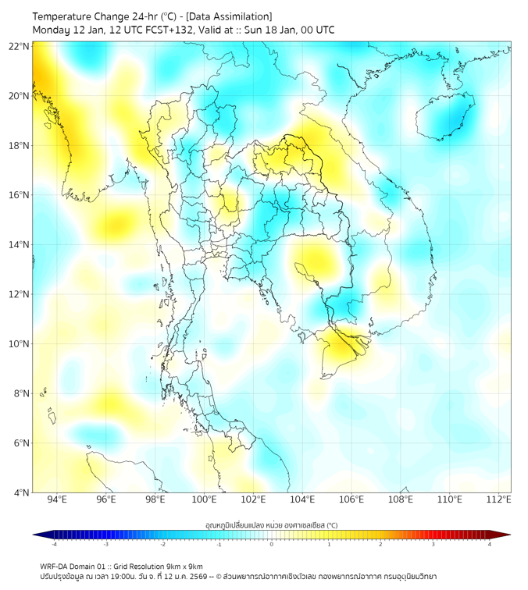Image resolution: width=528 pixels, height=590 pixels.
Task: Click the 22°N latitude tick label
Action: [20, 46]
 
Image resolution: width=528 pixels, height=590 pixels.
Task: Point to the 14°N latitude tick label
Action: [20, 244]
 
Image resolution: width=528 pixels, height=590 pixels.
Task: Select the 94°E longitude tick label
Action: [57, 500]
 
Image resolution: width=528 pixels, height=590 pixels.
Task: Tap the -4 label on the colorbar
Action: [53, 544]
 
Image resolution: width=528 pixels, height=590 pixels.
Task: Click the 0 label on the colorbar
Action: [272, 544]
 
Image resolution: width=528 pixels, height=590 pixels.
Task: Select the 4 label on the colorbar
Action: [490, 544]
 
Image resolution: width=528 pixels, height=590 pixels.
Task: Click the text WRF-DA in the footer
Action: [55, 566]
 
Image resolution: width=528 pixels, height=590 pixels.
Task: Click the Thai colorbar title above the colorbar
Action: [271, 524]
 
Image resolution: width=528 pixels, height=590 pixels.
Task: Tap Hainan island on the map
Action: [445, 117]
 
